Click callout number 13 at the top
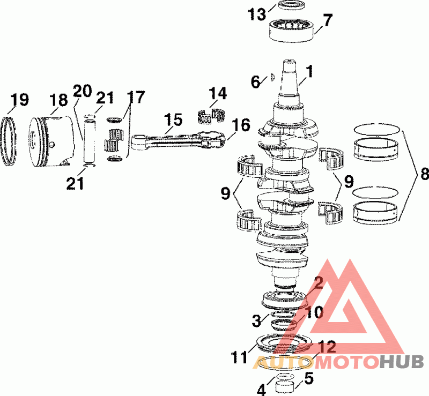coord(256,14)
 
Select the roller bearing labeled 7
coord(292,29)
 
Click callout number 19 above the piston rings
coord(19,100)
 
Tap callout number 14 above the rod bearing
coord(218,94)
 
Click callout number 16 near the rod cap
coord(241,126)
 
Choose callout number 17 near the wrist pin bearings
coord(136,98)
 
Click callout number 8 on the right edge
coord(424,174)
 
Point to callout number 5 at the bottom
coord(308,378)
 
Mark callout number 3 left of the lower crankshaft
coord(257,320)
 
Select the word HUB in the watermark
coord(402,362)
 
